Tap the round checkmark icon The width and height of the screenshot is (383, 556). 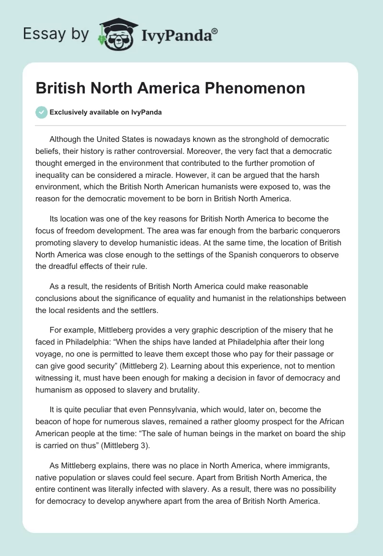tap(41, 112)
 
